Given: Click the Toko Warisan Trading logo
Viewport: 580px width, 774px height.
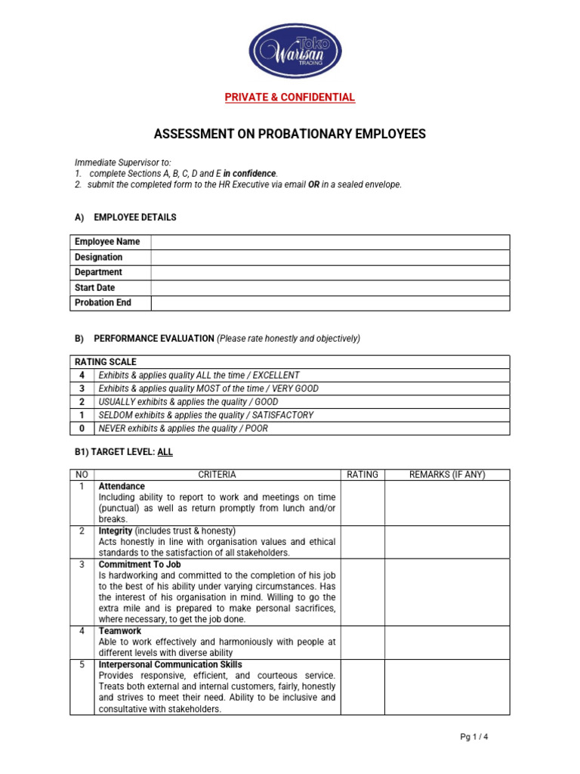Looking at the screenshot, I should [297, 51].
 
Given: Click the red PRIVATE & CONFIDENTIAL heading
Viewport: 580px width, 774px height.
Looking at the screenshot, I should [290, 98].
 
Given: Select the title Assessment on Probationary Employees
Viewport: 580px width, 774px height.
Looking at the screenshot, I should [290, 135].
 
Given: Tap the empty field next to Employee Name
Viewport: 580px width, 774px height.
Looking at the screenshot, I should [330, 242].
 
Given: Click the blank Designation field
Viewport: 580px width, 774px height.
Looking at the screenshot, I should [330, 257].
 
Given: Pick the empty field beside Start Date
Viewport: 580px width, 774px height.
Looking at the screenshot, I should [330, 288].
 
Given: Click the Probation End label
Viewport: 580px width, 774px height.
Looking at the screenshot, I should [103, 303].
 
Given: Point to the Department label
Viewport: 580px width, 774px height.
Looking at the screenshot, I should [98, 272].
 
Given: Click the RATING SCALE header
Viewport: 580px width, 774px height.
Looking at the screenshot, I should [105, 362].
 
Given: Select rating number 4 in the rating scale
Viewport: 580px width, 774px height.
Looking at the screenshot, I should [82, 375].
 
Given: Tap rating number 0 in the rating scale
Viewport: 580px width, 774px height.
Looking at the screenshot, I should [82, 429].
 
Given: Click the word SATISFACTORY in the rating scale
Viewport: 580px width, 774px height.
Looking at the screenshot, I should [283, 415].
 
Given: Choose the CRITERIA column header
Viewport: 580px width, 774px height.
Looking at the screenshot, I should [217, 475].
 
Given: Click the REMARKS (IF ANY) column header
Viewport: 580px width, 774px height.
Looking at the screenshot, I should [447, 475].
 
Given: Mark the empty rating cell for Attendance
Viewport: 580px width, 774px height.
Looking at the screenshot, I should [362, 503].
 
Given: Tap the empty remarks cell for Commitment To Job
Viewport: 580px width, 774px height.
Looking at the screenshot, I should [447, 592].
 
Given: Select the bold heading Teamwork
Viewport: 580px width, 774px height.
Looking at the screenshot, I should [120, 630].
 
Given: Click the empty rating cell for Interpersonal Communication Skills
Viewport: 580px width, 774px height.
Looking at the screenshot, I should [362, 687].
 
